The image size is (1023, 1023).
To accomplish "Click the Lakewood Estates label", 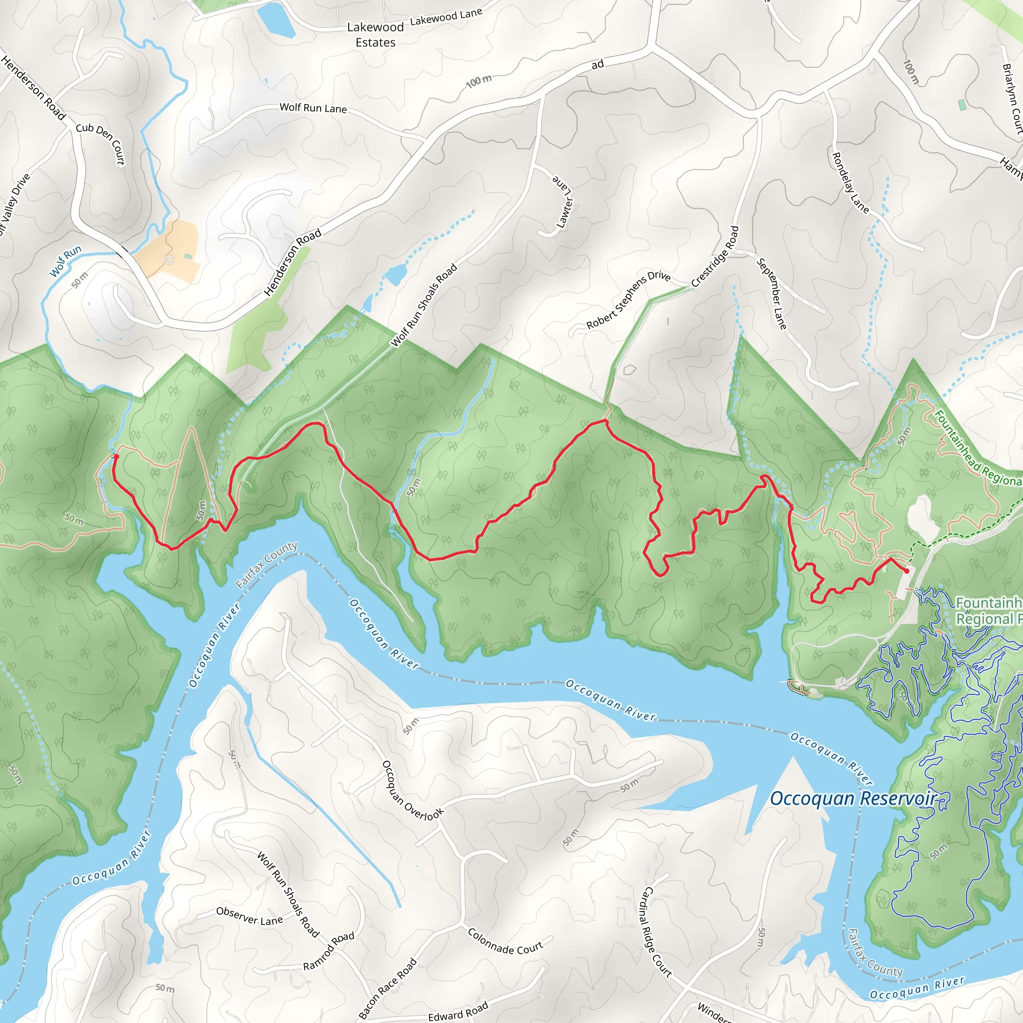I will pyautogui.click(x=375, y=34).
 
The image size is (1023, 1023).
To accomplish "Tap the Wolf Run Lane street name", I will pyautogui.click(x=313, y=108).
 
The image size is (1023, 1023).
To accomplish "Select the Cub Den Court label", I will pyautogui.click(x=100, y=143).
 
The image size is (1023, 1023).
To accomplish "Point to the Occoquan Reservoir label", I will pyautogui.click(x=853, y=798).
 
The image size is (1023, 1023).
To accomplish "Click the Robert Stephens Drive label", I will pyautogui.click(x=628, y=300).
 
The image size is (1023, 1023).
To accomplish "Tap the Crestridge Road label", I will pyautogui.click(x=715, y=256).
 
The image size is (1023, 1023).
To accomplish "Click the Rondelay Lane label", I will pyautogui.click(x=850, y=183).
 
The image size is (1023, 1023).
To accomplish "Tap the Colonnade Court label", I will pyautogui.click(x=505, y=941).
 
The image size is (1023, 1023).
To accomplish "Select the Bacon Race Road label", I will pyautogui.click(x=388, y=988).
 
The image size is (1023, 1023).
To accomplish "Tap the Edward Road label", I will pyautogui.click(x=458, y=1012).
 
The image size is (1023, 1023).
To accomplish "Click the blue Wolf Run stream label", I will pyautogui.click(x=65, y=261).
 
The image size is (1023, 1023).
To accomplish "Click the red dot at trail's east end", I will pyautogui.click(x=907, y=571).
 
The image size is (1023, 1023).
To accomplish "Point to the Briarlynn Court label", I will pyautogui.click(x=1012, y=98).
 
